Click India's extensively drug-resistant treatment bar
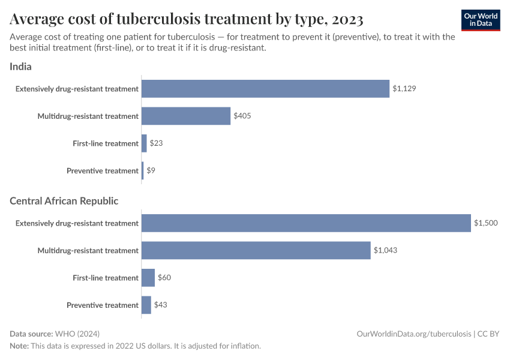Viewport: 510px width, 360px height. pos(265,89)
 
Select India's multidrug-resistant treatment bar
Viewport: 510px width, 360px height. pos(186,116)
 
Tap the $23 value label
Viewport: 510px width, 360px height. pos(156,143)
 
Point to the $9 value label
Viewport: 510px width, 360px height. pos(151,171)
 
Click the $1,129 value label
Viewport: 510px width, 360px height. pos(404,89)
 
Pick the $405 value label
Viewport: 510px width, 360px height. pos(242,116)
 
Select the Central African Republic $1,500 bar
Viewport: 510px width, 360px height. pos(306,223)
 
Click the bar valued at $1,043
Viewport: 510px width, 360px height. pos(256,250)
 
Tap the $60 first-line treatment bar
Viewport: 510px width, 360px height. pos(148,278)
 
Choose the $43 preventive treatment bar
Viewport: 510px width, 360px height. pos(146,305)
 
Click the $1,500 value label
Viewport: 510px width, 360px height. pos(485,223)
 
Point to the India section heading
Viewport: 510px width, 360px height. pos(20,67)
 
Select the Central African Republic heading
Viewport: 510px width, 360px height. pos(64,201)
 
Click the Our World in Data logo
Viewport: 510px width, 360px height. pos(480,20)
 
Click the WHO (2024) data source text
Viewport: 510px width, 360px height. pos(77,334)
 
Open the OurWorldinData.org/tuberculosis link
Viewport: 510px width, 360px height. pos(413,334)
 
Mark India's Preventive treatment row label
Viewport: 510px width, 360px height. pos(103,171)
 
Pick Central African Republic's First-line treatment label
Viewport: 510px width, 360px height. pos(106,278)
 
